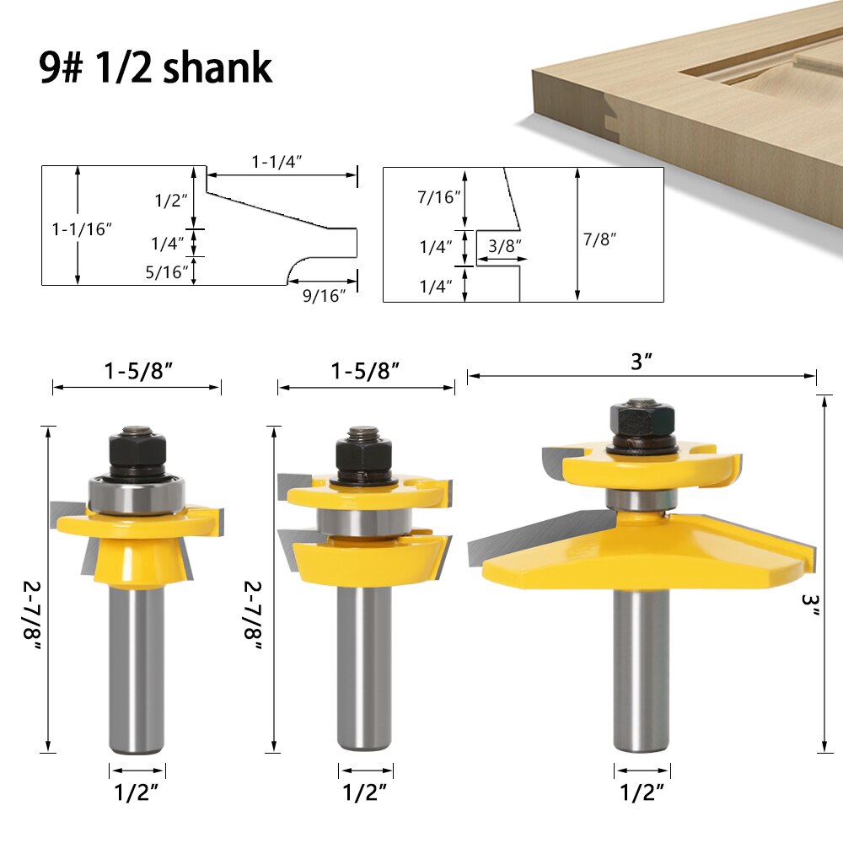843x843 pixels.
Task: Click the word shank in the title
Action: pyautogui.click(x=217, y=67)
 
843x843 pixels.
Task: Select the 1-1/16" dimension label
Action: pyautogui.click(x=82, y=228)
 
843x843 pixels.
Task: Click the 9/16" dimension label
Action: pyautogui.click(x=325, y=295)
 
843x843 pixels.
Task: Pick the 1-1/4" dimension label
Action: pyautogui.click(x=278, y=161)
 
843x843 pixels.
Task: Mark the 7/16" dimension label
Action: pyautogui.click(x=439, y=197)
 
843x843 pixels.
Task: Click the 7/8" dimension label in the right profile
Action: pyautogui.click(x=600, y=239)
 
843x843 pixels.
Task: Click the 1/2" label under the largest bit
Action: pyautogui.click(x=642, y=792)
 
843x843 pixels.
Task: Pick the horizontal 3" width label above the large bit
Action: pyautogui.click(x=642, y=362)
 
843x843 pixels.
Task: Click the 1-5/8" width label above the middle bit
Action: pyautogui.click(x=365, y=371)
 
